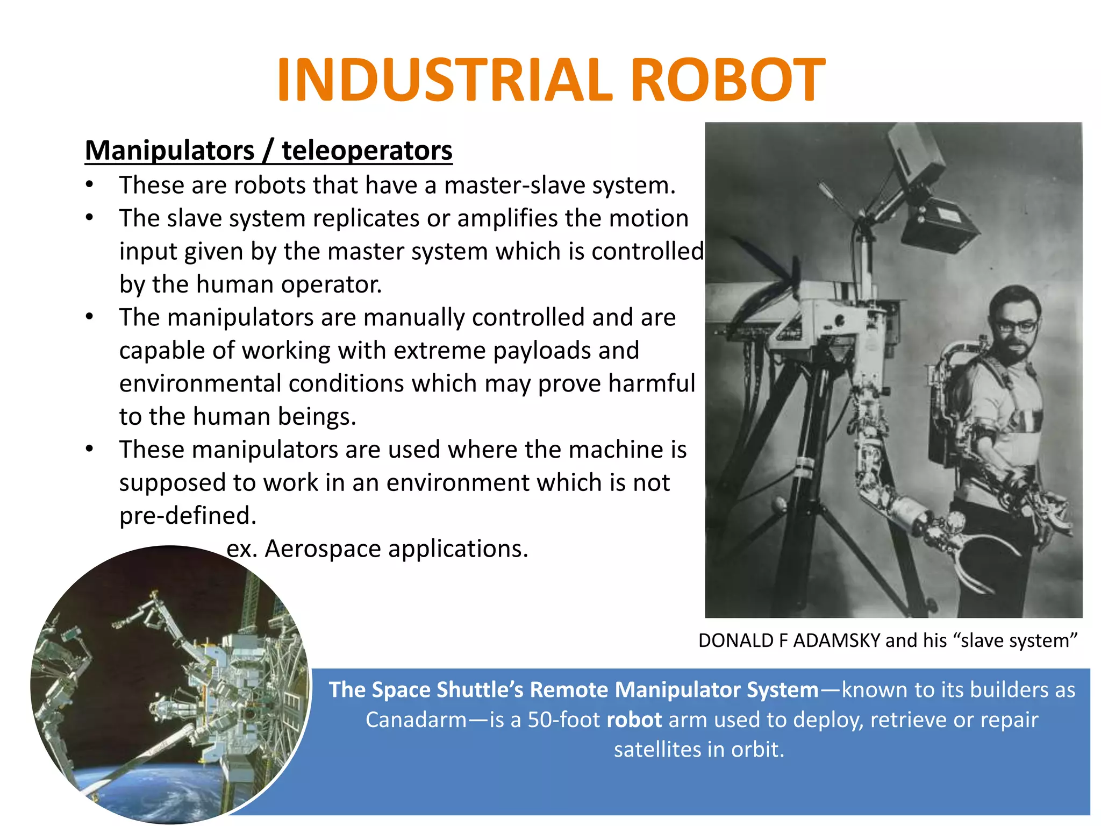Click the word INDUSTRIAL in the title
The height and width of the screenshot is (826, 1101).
coord(444,81)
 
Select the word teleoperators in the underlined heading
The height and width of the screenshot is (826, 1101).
coord(367,151)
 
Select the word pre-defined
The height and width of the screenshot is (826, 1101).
coord(188,516)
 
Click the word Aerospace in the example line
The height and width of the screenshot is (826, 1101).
coord(323,549)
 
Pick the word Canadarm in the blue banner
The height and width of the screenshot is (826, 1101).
coord(416,720)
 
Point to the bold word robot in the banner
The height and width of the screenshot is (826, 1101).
coord(634,720)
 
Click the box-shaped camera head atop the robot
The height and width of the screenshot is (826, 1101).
coord(938,226)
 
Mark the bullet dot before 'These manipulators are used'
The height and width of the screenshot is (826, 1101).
coord(89,448)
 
